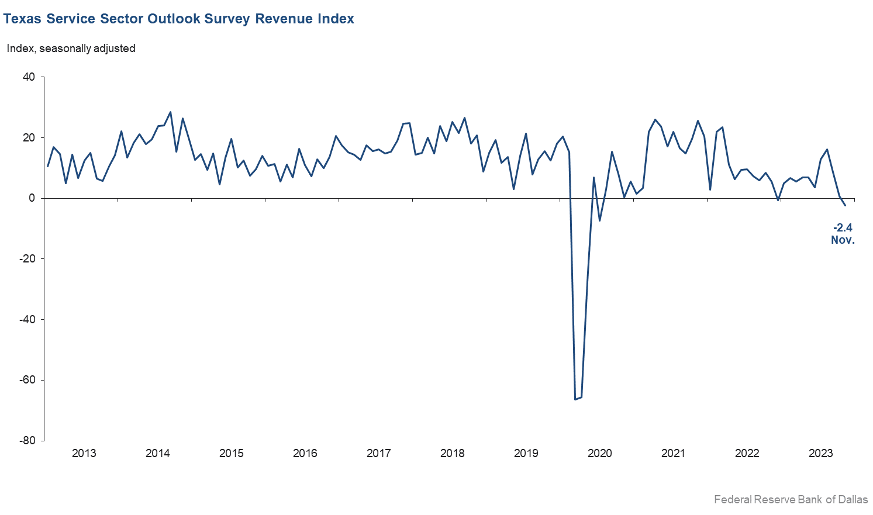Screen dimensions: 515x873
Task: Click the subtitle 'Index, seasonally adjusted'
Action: point(71,49)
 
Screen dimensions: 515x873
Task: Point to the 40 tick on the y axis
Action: point(29,77)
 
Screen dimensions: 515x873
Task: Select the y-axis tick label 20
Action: point(29,138)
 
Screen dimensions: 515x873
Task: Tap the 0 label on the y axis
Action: point(32,198)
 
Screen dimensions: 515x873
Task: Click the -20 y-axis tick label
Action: point(27,259)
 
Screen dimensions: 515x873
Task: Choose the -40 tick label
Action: point(27,320)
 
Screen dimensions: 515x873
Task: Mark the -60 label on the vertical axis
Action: point(27,380)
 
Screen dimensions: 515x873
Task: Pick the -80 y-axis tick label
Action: point(27,441)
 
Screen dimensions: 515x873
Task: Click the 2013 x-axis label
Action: point(84,454)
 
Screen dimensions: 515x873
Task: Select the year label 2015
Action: point(231,454)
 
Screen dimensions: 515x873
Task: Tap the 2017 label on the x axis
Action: point(378,454)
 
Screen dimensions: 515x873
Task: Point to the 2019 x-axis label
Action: point(526,454)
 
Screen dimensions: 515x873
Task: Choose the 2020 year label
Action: point(599,454)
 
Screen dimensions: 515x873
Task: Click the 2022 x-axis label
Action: point(747,454)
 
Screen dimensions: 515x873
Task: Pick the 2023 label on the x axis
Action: point(820,454)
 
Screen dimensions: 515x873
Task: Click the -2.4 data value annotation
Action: point(843,228)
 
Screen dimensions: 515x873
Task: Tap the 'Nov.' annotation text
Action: point(843,240)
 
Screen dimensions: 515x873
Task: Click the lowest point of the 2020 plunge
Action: point(575,399)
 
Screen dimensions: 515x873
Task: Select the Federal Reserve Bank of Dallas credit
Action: point(791,500)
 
